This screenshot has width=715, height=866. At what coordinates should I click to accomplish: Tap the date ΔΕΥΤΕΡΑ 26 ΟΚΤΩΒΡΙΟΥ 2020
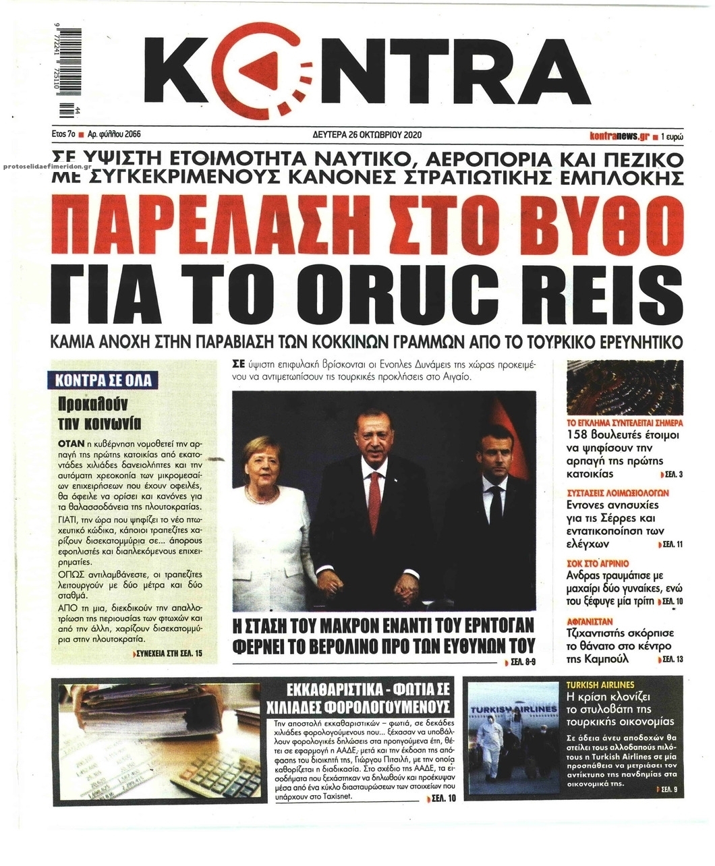tap(368, 134)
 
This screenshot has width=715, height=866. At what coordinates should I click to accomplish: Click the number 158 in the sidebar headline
tap(579, 435)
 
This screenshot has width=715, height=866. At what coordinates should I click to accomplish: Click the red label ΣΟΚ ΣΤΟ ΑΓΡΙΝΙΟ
tap(598, 562)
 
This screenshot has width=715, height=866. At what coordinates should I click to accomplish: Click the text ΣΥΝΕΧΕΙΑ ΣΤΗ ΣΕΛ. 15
tap(169, 654)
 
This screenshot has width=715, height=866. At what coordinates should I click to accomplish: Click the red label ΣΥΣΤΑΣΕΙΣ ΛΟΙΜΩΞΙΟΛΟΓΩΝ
tap(617, 493)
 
